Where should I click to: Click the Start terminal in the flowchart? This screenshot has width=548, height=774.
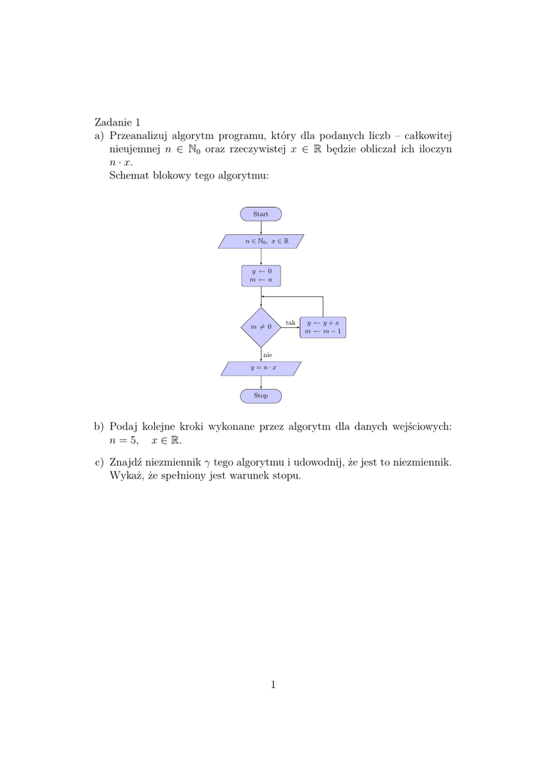[x=261, y=214]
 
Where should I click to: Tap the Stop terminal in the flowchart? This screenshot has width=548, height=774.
[x=261, y=395]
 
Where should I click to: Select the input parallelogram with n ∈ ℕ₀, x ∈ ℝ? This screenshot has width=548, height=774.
[x=261, y=241]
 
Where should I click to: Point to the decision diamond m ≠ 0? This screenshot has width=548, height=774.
[x=261, y=327]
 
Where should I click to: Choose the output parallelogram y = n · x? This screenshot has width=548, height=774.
[x=261, y=368]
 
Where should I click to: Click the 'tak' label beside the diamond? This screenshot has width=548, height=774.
[x=290, y=323]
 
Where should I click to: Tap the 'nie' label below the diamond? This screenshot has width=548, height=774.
[x=268, y=354]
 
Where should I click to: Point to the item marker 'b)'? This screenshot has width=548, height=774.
[x=99, y=426]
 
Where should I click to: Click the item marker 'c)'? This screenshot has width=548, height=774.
[x=99, y=461]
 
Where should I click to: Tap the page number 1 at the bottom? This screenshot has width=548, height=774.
[x=273, y=685]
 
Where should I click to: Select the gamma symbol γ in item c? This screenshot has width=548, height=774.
[x=208, y=462]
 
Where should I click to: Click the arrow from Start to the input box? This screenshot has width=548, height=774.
[x=261, y=228]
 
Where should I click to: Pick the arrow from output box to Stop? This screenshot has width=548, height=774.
[x=261, y=382]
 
